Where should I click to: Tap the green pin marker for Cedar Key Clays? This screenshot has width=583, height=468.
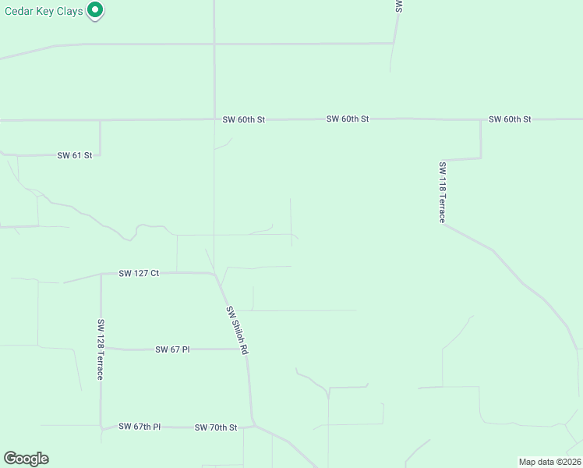pos(95,10)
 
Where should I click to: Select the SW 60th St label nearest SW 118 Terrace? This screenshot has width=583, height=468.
pos(510,119)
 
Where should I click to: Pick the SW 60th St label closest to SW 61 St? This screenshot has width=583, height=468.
pos(244,119)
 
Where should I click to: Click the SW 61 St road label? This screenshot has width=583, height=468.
pos(75,155)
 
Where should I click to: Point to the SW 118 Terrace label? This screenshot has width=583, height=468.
pos(442,193)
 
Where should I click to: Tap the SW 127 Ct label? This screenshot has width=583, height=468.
pos(139,273)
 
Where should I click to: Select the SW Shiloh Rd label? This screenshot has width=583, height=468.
pos(236,331)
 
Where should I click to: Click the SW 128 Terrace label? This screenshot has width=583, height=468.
pos(101,349)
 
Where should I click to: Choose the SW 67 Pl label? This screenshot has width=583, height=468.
pos(172,349)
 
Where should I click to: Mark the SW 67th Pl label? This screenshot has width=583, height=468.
pos(140,427)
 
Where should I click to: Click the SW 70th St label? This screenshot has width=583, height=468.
pos(215,427)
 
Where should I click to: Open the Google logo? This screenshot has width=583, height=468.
pos(26,459)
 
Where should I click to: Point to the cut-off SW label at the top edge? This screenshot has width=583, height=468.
pos(398,6)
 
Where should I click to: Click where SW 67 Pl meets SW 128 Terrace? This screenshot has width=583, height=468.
pos(101,349)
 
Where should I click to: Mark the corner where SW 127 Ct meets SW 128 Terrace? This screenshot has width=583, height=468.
pos(101,274)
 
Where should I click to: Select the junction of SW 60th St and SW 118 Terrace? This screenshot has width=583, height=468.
pos(480,120)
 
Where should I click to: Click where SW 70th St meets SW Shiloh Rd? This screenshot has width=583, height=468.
pos(252,426)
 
